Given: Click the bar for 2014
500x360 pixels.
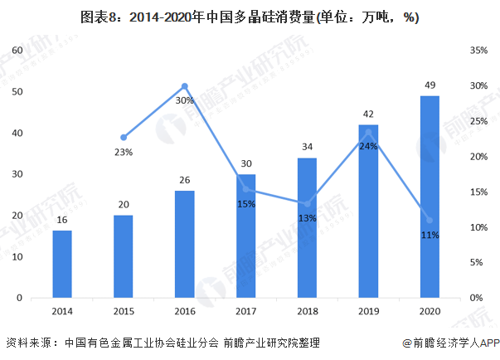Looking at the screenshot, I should coord(61,264).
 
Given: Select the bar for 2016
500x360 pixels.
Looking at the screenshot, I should coord(184,244).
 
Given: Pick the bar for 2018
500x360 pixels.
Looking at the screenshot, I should coord(307,227).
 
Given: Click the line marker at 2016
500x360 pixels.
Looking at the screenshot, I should coord(184,85).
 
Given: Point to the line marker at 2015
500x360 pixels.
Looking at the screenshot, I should coord(124,137).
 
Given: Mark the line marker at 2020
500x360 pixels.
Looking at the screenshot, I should coord(430,220).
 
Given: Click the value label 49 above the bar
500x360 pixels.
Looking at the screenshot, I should coord(430,86).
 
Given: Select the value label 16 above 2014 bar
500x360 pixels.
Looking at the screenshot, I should coord(61,220).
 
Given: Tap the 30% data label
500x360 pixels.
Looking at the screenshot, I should coord(184,100).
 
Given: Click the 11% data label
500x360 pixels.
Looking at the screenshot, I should coord(430,235).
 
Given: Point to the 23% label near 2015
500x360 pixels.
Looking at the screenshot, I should coord(124,152).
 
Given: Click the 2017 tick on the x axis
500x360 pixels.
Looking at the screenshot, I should coord(245,312).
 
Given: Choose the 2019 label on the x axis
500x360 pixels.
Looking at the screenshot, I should coord(368,312).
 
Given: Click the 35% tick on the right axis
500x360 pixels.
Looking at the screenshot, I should coord(478,51).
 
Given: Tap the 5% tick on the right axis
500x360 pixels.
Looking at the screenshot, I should coord(475,262).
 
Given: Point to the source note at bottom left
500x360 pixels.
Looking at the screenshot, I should coord(163,343).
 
